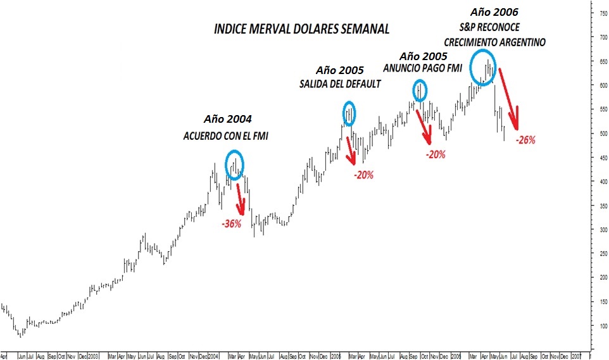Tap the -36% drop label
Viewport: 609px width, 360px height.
(x=231, y=223)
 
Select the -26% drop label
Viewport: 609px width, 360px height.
(x=525, y=140)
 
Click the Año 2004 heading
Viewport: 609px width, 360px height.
(x=227, y=119)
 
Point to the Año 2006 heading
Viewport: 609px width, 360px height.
(x=495, y=12)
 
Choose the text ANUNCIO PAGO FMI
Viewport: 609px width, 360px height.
(x=424, y=67)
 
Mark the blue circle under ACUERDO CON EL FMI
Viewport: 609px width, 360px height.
(x=234, y=164)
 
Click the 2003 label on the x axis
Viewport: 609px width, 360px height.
(x=93, y=355)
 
